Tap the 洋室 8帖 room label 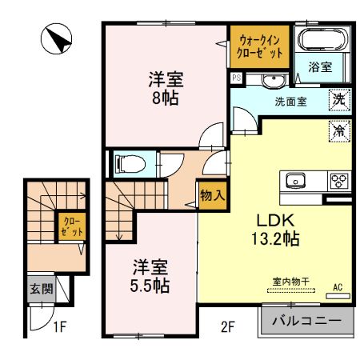click(166, 89)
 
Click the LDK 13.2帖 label click(278, 228)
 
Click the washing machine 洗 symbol click(340, 101)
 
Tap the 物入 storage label click(211, 194)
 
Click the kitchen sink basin click(294, 179)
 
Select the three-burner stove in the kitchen click(338, 179)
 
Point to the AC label click(337, 286)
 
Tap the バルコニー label click(305, 322)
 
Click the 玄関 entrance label click(42, 289)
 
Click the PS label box click(237, 78)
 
